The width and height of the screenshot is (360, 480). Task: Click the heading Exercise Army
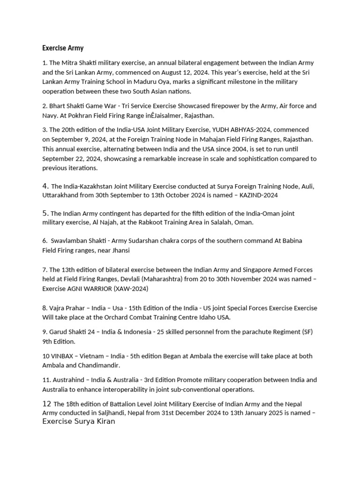63,48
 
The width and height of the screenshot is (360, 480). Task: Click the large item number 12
46,404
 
